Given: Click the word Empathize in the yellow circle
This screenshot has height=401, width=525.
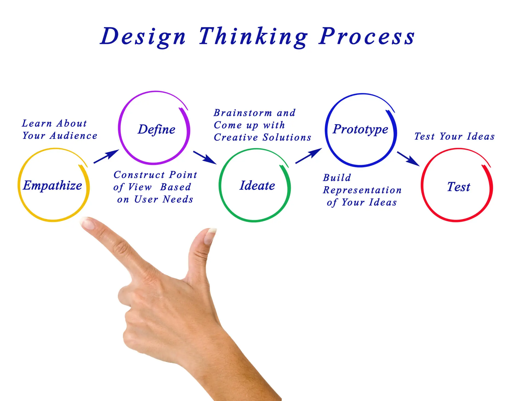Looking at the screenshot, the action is tap(52, 186).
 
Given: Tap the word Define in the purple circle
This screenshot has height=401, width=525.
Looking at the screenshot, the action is tap(156, 129).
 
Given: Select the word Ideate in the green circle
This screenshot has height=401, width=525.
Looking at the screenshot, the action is tap(257, 185).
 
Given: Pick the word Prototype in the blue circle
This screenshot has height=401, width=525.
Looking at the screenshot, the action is tap(360, 129).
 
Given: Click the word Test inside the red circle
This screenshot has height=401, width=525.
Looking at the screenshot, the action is tap(459, 187).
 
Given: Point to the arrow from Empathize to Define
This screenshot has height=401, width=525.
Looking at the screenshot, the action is tap(106, 156).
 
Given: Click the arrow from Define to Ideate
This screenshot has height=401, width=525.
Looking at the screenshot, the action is tap(205, 158).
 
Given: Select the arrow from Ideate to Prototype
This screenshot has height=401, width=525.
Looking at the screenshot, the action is tap(309, 156).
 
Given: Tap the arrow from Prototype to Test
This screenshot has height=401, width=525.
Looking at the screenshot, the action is tap(408, 159).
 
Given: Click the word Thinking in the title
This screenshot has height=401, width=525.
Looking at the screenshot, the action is tap(253, 37).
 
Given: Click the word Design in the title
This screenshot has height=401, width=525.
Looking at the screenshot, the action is tap(143, 37).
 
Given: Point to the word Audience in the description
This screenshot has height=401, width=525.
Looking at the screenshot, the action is tap(74, 136).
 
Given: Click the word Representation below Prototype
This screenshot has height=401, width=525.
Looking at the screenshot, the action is tap(362, 190).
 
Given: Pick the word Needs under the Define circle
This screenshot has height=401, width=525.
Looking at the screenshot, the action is tap(178, 199).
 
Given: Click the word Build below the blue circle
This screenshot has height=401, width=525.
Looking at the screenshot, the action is tap(337, 178).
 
